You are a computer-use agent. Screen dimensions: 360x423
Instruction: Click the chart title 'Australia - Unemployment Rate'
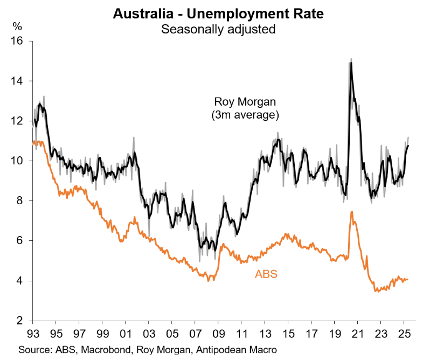(219, 14)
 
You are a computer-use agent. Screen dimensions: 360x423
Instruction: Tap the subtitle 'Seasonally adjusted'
(219, 29)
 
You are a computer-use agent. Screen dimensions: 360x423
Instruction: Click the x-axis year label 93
(33, 333)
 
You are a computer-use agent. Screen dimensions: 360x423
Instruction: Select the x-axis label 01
(126, 333)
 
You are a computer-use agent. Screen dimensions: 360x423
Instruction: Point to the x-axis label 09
(219, 333)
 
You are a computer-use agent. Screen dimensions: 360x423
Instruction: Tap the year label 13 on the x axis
(265, 333)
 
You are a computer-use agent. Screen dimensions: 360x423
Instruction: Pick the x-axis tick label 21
(357, 333)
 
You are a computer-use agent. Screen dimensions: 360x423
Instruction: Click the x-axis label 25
(404, 333)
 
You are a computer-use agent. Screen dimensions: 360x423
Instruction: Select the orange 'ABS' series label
(266, 274)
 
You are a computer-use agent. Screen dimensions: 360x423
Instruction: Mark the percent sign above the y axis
(17, 25)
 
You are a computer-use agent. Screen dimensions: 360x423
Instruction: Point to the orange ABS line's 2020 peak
(351, 212)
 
